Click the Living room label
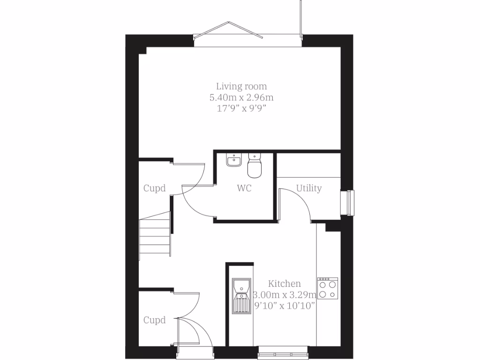click(x=241, y=86)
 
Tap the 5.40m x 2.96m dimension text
click(x=241, y=97)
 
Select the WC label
click(x=244, y=188)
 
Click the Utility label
click(x=309, y=188)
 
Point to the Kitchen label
click(x=285, y=284)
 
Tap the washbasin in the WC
click(x=233, y=161)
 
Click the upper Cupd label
click(x=155, y=188)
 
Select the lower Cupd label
click(x=155, y=320)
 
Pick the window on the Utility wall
click(x=350, y=202)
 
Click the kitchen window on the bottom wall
click(x=284, y=349)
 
